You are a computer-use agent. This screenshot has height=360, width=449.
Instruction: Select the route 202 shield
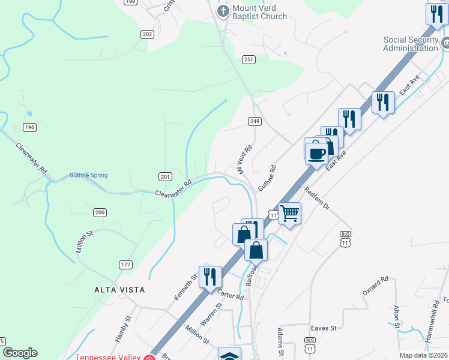pyautogui.click(x=148, y=35)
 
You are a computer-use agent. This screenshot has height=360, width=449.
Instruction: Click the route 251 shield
pyautogui.click(x=249, y=59)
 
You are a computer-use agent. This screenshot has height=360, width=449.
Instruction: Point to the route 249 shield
pyautogui.click(x=255, y=121)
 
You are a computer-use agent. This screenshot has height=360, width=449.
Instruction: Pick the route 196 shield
pyautogui.click(x=30, y=127)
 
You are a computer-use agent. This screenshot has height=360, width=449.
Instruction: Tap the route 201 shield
pyautogui.click(x=166, y=176)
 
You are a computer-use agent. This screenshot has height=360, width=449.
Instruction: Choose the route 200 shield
pyautogui.click(x=100, y=212)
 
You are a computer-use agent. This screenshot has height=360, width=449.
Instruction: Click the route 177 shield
pyautogui.click(x=125, y=265)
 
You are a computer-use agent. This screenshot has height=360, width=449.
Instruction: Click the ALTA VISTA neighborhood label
pyautogui.click(x=119, y=290)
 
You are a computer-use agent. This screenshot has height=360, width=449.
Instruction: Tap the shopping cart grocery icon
pyautogui.click(x=289, y=212)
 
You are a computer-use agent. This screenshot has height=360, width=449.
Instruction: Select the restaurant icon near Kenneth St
pyautogui.click(x=210, y=277)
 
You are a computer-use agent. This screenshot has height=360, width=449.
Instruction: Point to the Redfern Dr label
pyautogui.click(x=317, y=198)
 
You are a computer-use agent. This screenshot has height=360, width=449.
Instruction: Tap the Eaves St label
pyautogui.click(x=324, y=328)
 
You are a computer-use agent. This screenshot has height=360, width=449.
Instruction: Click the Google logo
pyautogui.click(x=20, y=353)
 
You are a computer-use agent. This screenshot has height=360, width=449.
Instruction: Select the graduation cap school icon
pyautogui.click(x=229, y=355)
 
